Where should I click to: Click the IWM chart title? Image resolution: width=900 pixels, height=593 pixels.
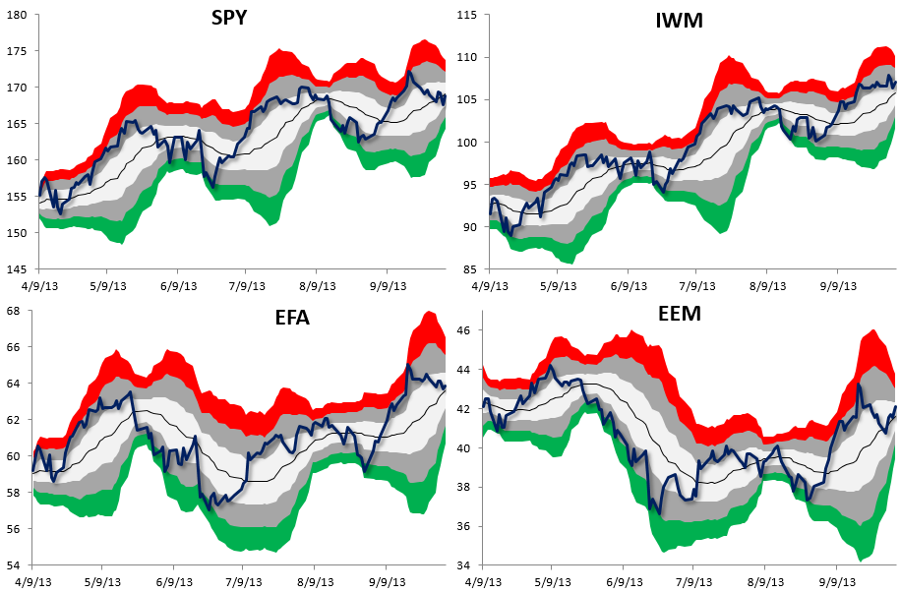coord(679,21)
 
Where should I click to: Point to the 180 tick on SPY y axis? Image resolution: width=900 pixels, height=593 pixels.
coord(20,15)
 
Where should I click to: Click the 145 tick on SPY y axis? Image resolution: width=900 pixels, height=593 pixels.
coord(20,268)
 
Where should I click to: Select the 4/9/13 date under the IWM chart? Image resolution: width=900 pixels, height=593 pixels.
coord(487,285)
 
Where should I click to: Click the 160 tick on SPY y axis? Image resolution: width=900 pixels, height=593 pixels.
coord(20,160)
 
